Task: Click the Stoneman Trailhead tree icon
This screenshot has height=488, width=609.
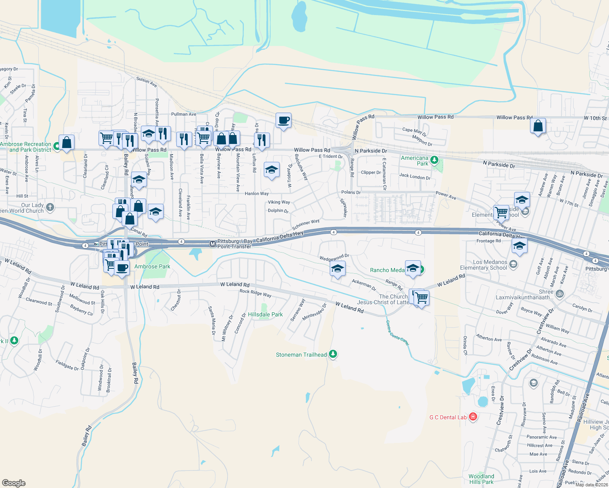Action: [x=333, y=354]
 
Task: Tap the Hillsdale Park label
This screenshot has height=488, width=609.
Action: [x=265, y=314]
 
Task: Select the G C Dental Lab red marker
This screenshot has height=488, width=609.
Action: [x=473, y=417]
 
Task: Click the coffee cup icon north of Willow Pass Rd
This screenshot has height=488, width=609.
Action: [x=283, y=120]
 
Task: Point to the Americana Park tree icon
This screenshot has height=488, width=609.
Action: [x=434, y=160]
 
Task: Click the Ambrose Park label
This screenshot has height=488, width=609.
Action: [x=152, y=266]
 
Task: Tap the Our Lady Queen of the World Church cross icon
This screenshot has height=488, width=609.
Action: [x=50, y=207]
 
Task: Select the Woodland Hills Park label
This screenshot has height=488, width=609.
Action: [x=481, y=479]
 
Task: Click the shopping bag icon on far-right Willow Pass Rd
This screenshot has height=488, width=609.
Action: [x=538, y=126]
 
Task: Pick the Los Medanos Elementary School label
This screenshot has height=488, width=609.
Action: [x=490, y=265]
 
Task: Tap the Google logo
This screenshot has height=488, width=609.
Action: [x=13, y=483]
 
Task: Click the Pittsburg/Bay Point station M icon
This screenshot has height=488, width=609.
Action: [x=212, y=244]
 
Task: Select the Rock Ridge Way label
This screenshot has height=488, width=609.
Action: [x=255, y=293]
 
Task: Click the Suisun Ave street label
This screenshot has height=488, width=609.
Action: [x=147, y=82]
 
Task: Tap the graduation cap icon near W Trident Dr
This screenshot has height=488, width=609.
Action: [x=271, y=170]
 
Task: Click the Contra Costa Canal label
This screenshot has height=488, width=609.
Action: [x=397, y=333]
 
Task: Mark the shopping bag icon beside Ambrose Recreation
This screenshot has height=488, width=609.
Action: [x=66, y=142]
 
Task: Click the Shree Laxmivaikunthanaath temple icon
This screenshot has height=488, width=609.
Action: [x=560, y=293]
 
